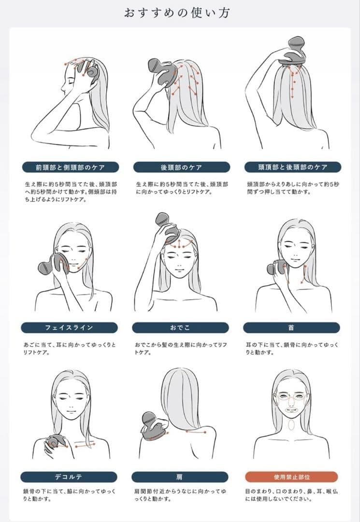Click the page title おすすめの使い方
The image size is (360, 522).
point(177,13)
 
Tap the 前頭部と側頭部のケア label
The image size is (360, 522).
point(71,167)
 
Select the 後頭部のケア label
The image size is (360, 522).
point(181,167)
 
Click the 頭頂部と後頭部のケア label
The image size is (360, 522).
point(293,167)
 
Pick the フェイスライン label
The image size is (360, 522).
point(69,328)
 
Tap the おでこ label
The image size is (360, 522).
point(180,328)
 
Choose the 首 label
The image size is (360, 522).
point(291,328)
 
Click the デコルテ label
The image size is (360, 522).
point(69,477)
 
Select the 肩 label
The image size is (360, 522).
point(180,477)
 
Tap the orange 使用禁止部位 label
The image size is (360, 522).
point(291,477)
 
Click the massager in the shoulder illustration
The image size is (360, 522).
point(155,424)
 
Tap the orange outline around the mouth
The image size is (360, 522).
point(291,410)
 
